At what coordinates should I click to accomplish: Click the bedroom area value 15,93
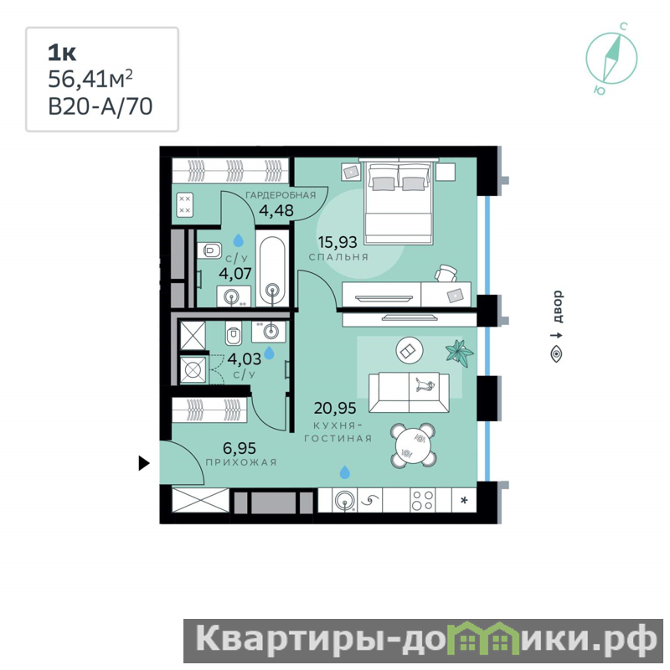click(x=338, y=242)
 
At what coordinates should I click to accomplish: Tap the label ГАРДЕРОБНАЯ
click(x=281, y=195)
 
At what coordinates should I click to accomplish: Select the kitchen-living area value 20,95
click(x=335, y=408)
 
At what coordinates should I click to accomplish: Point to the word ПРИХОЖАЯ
click(x=241, y=462)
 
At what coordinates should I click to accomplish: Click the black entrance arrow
click(x=144, y=463)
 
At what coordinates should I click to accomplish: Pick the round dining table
click(x=413, y=445)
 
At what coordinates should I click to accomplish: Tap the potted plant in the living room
click(x=459, y=353)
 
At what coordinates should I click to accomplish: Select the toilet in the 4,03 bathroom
click(x=234, y=332)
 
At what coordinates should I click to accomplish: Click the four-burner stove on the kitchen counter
click(x=423, y=500)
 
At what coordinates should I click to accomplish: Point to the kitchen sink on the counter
click(x=345, y=500)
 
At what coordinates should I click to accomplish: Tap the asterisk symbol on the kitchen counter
click(x=464, y=500)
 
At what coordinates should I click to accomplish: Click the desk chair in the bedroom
click(x=446, y=274)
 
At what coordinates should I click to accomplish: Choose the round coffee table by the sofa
click(x=410, y=351)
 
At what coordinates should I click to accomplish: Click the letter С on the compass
click(x=623, y=27)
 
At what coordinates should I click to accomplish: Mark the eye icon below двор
click(x=556, y=354)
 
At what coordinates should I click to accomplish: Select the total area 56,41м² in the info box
click(x=90, y=79)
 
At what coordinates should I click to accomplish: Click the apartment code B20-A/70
click(x=100, y=107)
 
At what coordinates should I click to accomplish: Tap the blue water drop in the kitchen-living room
click(x=345, y=472)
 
